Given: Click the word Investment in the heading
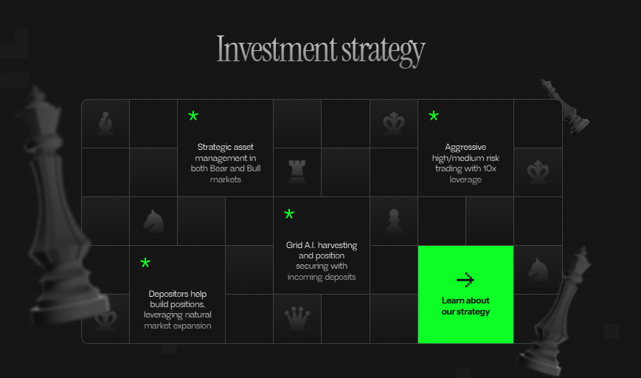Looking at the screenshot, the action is (277, 49).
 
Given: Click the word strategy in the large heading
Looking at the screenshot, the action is (384, 52).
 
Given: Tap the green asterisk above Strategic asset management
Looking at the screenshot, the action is (193, 116).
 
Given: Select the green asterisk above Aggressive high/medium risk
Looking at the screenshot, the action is (433, 116).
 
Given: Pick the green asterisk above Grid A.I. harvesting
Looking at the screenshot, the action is (289, 214).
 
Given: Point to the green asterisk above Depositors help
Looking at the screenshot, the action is (145, 263).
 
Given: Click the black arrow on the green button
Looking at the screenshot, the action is (465, 280).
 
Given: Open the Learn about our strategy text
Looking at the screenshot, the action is (465, 306).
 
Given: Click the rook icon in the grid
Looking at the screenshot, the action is (297, 172).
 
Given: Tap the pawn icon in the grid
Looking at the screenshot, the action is (394, 221).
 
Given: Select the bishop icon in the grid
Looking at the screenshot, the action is (106, 123).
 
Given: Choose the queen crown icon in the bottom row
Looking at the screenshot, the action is (297, 318).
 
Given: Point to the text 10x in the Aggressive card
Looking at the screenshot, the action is (488, 168).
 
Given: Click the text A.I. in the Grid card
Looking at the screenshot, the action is (310, 245).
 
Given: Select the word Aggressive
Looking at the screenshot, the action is (465, 147).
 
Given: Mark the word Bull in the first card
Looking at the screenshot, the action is (254, 168).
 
